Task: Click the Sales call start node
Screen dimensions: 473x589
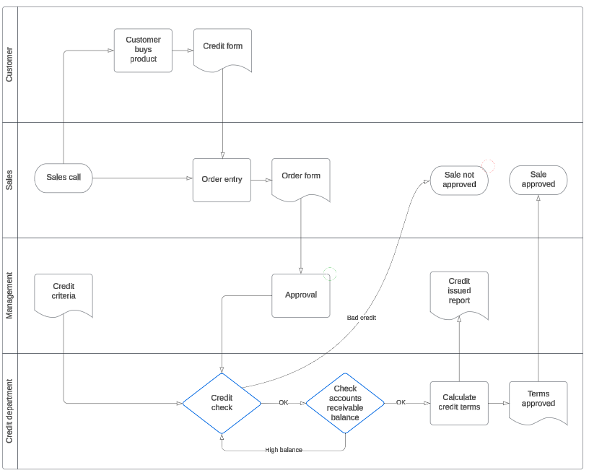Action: click(64, 178)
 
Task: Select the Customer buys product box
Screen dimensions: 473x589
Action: click(143, 51)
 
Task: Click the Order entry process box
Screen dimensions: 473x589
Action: click(222, 180)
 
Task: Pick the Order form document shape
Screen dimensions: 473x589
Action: click(301, 178)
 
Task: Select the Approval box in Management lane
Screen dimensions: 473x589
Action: click(301, 295)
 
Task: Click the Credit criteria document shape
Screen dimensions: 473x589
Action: click(64, 293)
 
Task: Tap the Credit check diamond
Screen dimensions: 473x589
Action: click(222, 403)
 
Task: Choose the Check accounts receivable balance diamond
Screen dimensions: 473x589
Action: click(345, 403)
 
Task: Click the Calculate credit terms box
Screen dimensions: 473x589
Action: click(459, 403)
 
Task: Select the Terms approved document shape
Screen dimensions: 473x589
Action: click(538, 401)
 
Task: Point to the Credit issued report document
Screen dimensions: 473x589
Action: click(459, 293)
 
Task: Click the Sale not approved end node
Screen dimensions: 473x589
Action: click(459, 180)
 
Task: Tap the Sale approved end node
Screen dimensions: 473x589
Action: click(538, 180)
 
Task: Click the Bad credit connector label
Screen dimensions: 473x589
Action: click(362, 318)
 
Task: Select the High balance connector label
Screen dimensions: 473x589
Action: click(284, 450)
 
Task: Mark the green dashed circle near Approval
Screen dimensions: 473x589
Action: click(330, 274)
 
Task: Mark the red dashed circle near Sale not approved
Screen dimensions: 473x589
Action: click(488, 166)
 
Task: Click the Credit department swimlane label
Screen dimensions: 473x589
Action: click(9, 412)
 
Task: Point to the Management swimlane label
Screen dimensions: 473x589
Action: click(9, 295)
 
